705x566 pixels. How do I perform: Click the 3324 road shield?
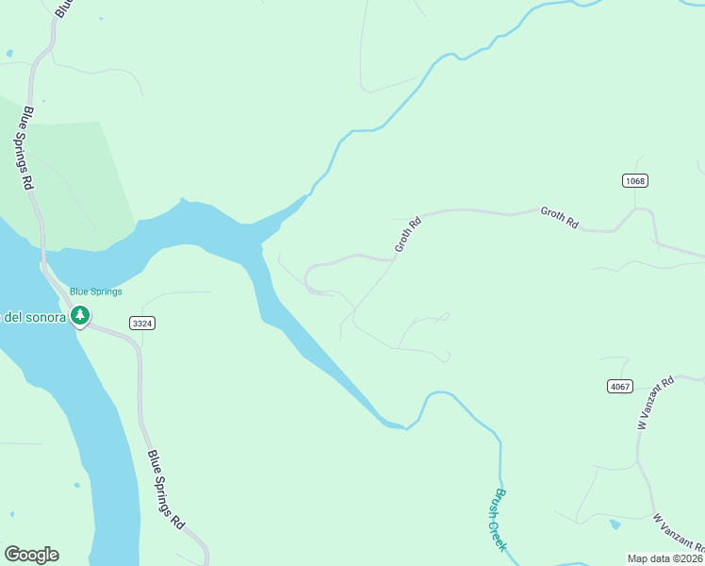pyautogui.click(x=142, y=323)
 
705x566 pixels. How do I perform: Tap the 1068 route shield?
pyautogui.click(x=635, y=180)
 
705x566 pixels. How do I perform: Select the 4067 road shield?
pyautogui.click(x=620, y=386)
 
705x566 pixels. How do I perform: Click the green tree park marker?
pyautogui.click(x=81, y=315)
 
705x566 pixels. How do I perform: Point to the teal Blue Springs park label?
pyautogui.click(x=96, y=291)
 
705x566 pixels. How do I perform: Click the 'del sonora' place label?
pyautogui.click(x=35, y=317)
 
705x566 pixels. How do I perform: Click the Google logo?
pyautogui.click(x=31, y=555)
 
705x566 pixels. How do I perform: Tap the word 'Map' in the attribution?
pyautogui.click(x=638, y=558)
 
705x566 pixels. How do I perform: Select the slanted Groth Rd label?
pyautogui.click(x=407, y=233)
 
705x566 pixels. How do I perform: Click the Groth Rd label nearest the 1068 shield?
pyautogui.click(x=559, y=218)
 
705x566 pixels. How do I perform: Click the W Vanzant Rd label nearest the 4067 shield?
pyautogui.click(x=656, y=403)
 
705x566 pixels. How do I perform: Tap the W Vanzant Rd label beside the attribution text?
pyautogui.click(x=679, y=531)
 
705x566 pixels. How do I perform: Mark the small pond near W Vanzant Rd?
pyautogui.click(x=615, y=524)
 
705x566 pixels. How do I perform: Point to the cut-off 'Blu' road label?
pyautogui.click(x=62, y=8)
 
